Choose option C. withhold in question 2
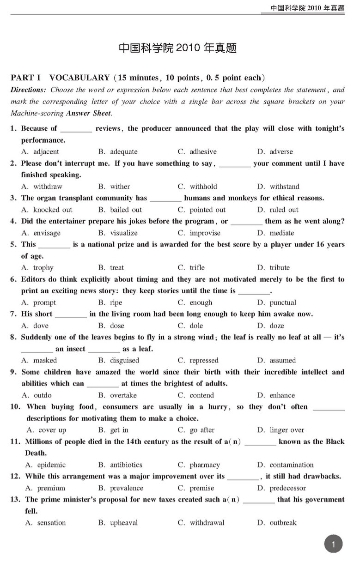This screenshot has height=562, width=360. tap(197, 187)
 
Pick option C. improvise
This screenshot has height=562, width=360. tap(199, 233)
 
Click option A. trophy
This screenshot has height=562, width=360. tap(37, 268)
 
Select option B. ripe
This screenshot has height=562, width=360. tap(110, 302)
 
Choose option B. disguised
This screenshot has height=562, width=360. tap(119, 361)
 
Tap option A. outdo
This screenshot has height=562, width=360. tap(37, 395)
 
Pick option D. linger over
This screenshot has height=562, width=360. tap(281, 430)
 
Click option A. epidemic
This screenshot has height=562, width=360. tap(45, 465)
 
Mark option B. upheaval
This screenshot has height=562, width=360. tap(118, 523)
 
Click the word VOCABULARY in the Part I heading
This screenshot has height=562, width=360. tap(79, 78)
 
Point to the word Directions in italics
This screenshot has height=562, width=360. tap(28, 90)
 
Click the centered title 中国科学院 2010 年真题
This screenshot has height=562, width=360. tap(178, 48)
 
